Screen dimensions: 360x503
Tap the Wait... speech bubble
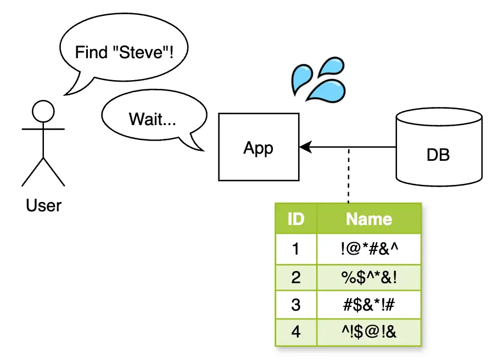pos(152,119)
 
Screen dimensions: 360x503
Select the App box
pos(259,147)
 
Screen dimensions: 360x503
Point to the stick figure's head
pos(43,111)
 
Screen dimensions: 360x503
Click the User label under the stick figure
pos(43,206)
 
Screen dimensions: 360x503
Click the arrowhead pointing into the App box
pos(305,147)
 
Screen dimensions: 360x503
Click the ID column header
pos(296,219)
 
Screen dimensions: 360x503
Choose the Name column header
pos(369,219)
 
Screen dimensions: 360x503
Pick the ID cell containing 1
pos(296,249)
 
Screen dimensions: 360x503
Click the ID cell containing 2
pos(296,277)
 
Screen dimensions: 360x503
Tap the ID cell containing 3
pos(296,305)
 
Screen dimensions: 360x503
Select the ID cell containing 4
pos(296,332)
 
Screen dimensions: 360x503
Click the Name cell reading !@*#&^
pos(369,249)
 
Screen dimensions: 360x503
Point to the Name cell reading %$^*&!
pos(369,277)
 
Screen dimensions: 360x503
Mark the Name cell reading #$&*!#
pos(369,305)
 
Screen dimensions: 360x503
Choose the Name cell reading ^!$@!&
pos(369,332)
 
